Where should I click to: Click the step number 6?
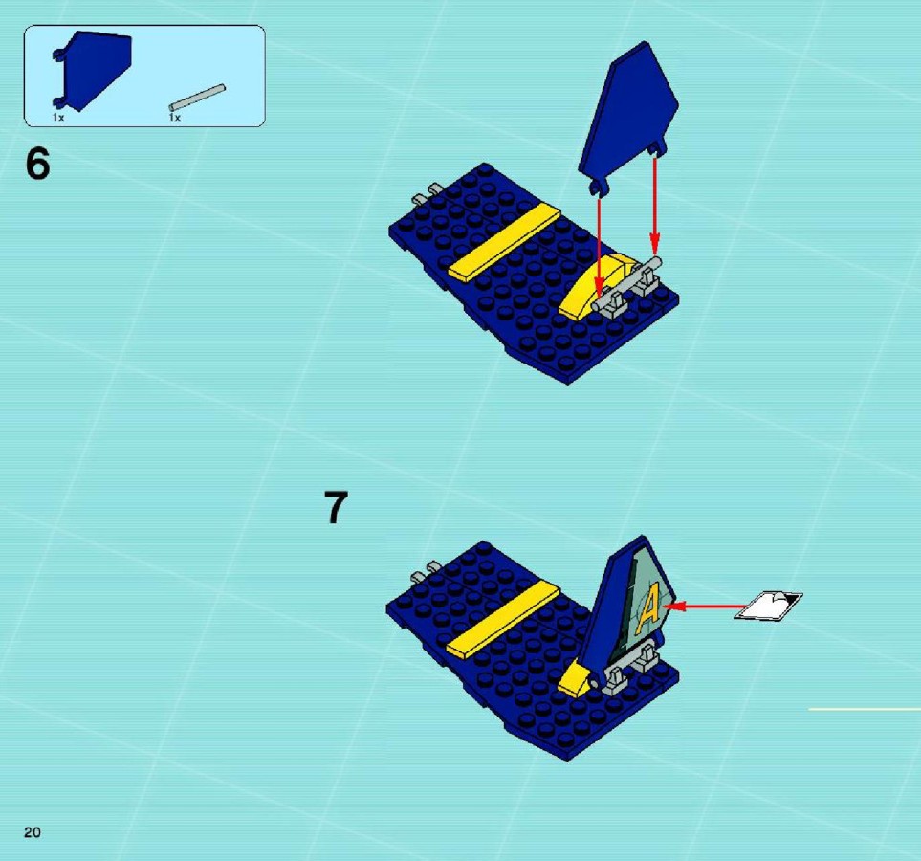click(x=37, y=164)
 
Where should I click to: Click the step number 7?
click(x=336, y=507)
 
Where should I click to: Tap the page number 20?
click(x=33, y=831)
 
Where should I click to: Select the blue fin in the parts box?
click(x=94, y=71)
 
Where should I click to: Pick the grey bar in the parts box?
click(x=197, y=98)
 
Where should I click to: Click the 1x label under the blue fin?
click(x=58, y=118)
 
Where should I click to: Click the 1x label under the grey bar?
click(x=174, y=118)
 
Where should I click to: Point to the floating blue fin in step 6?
click(x=627, y=118)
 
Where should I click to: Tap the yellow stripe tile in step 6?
click(x=505, y=241)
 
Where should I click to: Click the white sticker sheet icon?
click(x=768, y=606)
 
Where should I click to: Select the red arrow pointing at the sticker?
click(x=706, y=606)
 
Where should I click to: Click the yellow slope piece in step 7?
click(x=576, y=679)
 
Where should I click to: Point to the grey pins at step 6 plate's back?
click(x=427, y=193)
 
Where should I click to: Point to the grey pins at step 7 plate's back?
click(x=426, y=571)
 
